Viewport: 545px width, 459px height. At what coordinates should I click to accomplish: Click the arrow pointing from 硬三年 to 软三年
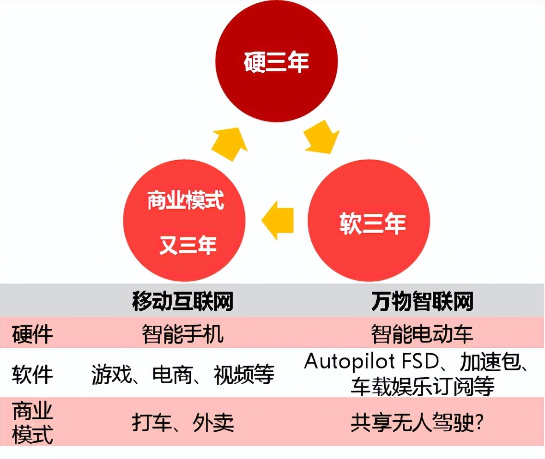click(x=322, y=137)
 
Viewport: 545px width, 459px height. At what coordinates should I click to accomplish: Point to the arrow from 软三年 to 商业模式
click(x=279, y=218)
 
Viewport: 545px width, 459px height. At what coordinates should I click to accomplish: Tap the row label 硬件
click(x=32, y=334)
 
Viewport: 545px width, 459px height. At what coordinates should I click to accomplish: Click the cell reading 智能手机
click(x=183, y=334)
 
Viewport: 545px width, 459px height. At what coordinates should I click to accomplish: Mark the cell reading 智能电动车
click(x=422, y=334)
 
